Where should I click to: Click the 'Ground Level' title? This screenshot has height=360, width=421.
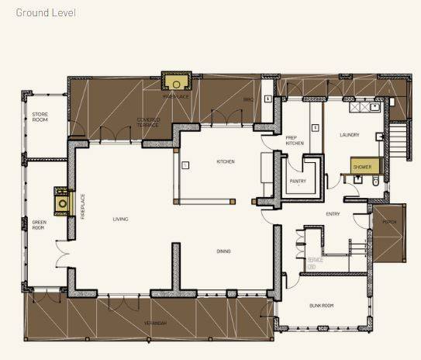[x=46, y=13]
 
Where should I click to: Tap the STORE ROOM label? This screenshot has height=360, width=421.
[x=40, y=116]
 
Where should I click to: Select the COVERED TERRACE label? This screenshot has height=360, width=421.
[x=148, y=122]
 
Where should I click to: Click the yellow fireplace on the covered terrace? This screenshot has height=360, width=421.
[x=177, y=81]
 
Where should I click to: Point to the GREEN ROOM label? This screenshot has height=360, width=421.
[x=40, y=226]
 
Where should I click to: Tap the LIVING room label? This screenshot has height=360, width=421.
[x=119, y=219]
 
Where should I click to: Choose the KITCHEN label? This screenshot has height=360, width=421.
[x=225, y=161]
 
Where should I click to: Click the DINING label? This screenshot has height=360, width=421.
[x=223, y=251]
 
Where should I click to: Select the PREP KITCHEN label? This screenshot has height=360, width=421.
[x=294, y=140]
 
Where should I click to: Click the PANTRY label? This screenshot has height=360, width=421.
[x=298, y=181]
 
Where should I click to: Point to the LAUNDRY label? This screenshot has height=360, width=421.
[x=349, y=135]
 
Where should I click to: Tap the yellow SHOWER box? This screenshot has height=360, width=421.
[x=362, y=167]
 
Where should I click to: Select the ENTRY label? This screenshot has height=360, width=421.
[x=333, y=214]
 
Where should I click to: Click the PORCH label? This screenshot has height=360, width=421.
[x=389, y=222]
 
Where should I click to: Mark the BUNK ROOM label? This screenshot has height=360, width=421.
[x=320, y=306]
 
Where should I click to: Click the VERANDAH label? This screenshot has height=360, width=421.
[x=155, y=322]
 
